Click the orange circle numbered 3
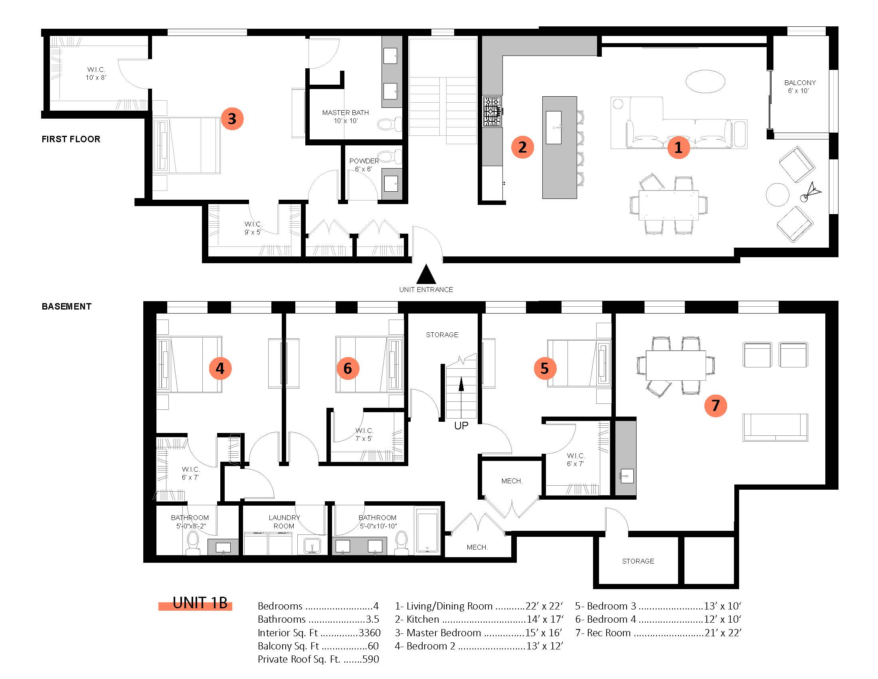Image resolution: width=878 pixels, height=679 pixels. pyautogui.click(x=232, y=119)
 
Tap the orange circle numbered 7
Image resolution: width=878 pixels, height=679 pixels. pyautogui.click(x=716, y=405)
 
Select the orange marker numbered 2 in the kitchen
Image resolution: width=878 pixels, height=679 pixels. pyautogui.click(x=522, y=147)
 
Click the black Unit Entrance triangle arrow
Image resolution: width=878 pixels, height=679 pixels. pyautogui.click(x=426, y=274)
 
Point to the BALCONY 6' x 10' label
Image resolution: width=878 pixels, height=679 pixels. pyautogui.click(x=800, y=87)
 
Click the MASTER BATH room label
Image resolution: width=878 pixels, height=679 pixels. pyautogui.click(x=345, y=117)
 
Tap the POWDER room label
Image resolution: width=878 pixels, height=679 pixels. pyautogui.click(x=364, y=165)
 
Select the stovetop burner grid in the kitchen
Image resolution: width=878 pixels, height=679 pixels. pyautogui.click(x=492, y=111)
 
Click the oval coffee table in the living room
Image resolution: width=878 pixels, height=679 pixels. pyautogui.click(x=705, y=81)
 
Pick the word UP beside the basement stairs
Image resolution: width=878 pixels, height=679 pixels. pyautogui.click(x=461, y=426)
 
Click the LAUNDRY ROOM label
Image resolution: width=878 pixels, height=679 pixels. pyautogui.click(x=284, y=522)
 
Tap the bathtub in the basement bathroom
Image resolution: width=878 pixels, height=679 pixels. pyautogui.click(x=427, y=531)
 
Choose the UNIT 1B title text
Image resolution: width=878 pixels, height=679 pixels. pyautogui.click(x=200, y=603)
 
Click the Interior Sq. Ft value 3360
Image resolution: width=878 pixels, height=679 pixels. pyautogui.click(x=370, y=633)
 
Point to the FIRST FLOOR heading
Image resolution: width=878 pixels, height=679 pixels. pyautogui.click(x=71, y=139)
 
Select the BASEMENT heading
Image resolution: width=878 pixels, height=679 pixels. pyautogui.click(x=66, y=306)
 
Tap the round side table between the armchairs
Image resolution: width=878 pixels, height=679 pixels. pyautogui.click(x=777, y=195)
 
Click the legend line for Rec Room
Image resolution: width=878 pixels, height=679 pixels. pyautogui.click(x=658, y=633)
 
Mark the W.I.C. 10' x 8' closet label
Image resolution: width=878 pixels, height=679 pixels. pyautogui.click(x=96, y=73)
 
